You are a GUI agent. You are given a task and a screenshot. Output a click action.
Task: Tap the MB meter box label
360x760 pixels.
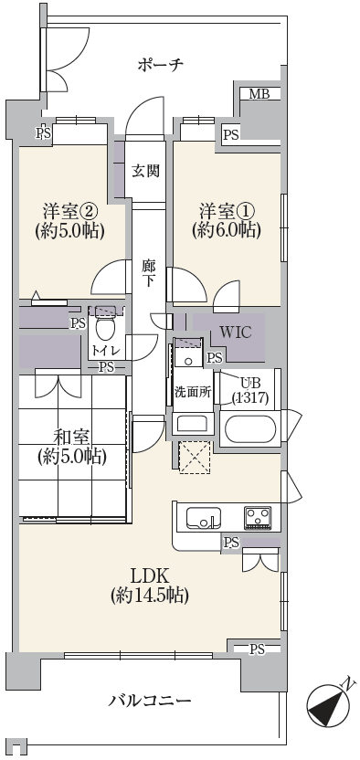point(259,93)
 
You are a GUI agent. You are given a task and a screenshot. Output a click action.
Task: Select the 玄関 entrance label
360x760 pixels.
point(145,171)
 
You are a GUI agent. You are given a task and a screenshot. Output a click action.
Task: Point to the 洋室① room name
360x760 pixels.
point(227,212)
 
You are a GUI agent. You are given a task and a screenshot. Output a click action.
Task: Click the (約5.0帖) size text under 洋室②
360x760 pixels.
point(70,231)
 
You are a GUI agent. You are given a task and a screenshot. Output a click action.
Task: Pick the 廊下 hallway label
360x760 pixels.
point(149,273)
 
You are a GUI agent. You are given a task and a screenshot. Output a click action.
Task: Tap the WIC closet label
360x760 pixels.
point(236,332)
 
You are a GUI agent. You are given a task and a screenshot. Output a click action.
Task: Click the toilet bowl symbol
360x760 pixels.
point(105,327)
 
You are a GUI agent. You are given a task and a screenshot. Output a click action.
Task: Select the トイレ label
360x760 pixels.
point(106,351)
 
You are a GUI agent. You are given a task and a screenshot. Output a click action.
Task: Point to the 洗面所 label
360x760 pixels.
point(193,392)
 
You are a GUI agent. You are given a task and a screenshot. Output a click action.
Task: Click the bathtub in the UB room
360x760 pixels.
point(250,429)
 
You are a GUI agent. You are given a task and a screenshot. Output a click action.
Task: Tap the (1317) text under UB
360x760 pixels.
point(250,398)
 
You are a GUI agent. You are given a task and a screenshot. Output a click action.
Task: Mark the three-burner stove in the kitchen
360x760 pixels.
point(258,517)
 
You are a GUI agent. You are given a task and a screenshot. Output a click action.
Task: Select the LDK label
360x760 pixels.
point(149,576)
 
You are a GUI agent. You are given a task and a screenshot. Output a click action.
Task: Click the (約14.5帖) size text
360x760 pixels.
point(149,596)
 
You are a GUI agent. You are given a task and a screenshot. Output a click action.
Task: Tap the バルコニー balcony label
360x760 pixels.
point(149,701)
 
